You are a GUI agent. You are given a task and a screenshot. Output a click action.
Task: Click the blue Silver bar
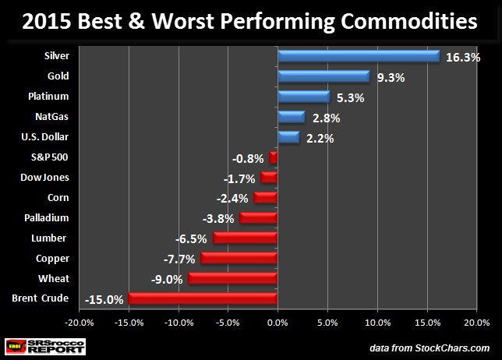(359, 56)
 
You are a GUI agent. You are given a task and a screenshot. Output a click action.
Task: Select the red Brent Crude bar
(203, 298)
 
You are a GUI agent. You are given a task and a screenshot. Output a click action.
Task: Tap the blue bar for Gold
(323, 76)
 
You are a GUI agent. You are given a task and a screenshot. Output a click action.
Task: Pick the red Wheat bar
(233, 278)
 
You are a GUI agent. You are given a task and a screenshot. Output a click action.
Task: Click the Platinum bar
(304, 97)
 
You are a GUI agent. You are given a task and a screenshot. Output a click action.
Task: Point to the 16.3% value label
(463, 57)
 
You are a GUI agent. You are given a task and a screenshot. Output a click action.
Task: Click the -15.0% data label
(104, 299)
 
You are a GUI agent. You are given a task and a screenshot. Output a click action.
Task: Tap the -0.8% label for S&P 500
(248, 158)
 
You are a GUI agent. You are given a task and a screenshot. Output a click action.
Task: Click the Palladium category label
(48, 217)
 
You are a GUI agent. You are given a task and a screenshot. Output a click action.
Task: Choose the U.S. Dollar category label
(45, 137)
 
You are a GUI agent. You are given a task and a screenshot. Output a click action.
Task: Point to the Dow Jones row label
(44, 178)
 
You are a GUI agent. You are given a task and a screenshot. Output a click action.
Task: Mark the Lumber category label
(51, 238)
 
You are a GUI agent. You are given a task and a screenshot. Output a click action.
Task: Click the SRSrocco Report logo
(46, 345)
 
